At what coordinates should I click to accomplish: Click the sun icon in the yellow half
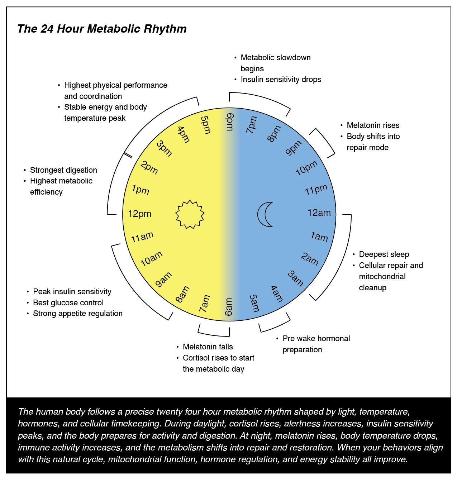(190, 214)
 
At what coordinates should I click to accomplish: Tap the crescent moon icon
(266, 214)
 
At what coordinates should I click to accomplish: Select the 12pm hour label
(139, 214)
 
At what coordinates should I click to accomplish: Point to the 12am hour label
(319, 213)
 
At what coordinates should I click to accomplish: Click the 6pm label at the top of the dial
(229, 122)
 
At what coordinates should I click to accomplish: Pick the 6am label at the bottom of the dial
(229, 307)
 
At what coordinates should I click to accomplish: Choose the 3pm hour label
(164, 148)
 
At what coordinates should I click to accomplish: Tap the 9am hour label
(163, 280)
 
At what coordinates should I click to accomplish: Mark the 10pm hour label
(306, 168)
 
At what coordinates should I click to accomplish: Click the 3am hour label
(296, 278)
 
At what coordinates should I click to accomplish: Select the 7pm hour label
(252, 124)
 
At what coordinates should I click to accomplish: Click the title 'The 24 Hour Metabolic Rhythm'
(102, 29)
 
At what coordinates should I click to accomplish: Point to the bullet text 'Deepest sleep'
(384, 254)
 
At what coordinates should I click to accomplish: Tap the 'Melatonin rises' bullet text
(373, 125)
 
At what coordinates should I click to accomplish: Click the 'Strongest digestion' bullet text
(63, 170)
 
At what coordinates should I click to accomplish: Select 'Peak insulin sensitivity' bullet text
(72, 292)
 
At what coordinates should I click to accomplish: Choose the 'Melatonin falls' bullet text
(208, 347)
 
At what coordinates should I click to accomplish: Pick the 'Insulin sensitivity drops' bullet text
(281, 80)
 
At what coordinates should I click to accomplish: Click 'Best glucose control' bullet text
(68, 303)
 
